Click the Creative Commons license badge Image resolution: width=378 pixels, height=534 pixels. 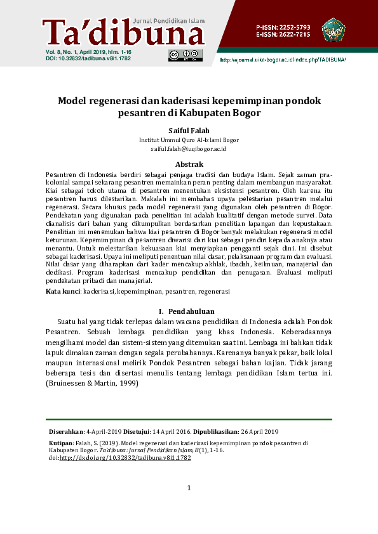pyautogui.click(x=186, y=55)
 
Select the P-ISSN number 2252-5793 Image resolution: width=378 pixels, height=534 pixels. pyautogui.click(x=292, y=27)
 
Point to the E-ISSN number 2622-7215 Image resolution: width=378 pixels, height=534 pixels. pyautogui.click(x=292, y=35)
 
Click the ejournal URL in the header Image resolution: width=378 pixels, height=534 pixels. pyautogui.click(x=282, y=60)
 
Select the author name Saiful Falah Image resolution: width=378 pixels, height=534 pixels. pyautogui.click(x=189, y=131)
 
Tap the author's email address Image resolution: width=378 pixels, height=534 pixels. pyautogui.click(x=189, y=149)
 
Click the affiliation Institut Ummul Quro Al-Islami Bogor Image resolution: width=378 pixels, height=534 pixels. pyautogui.click(x=189, y=140)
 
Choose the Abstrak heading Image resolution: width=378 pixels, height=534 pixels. pyautogui.click(x=189, y=164)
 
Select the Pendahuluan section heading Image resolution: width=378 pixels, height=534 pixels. pyautogui.click(x=189, y=311)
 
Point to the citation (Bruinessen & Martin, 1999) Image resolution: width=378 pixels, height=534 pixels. pyautogui.click(x=91, y=384)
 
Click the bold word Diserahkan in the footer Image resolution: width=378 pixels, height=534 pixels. pyautogui.click(x=66, y=431)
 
